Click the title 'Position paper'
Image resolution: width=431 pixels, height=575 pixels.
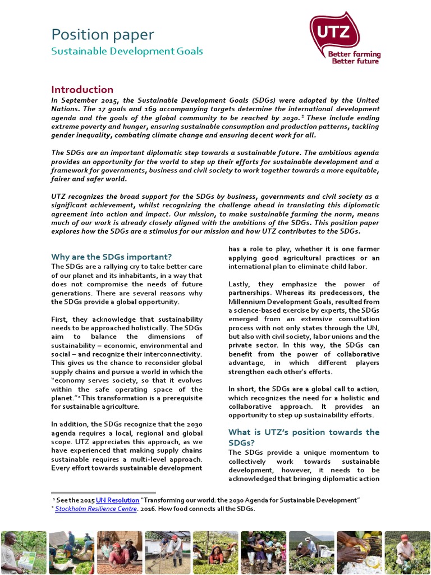click(102, 35)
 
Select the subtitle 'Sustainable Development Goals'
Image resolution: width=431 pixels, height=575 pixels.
click(127, 52)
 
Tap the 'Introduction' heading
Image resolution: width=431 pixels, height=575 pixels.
click(82, 89)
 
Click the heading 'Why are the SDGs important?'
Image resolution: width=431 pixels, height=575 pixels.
click(112, 257)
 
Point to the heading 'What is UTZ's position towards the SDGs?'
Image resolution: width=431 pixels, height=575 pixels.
click(304, 437)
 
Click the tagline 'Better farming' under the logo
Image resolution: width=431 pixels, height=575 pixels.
click(354, 54)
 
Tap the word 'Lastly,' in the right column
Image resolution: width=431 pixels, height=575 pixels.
click(242, 284)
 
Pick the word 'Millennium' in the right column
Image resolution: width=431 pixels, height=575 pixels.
click(250, 302)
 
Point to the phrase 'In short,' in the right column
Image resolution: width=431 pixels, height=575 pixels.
click(242, 389)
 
